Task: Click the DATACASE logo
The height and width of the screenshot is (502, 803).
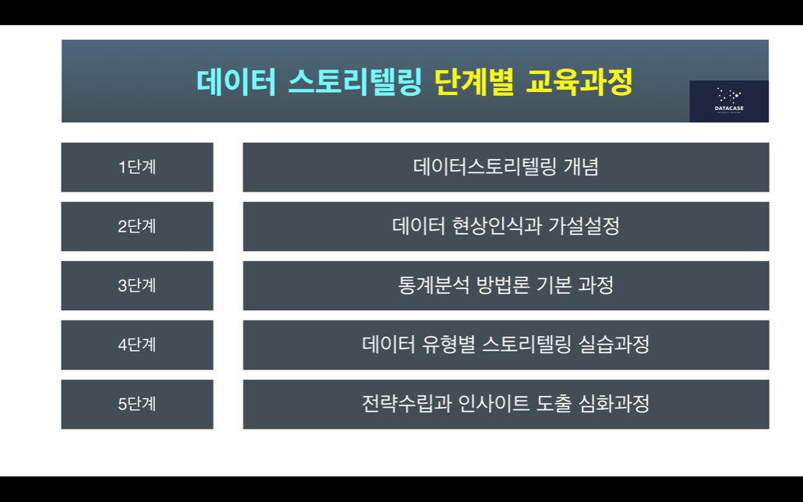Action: click(x=729, y=101)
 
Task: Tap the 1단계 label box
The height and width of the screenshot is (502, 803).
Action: click(x=137, y=167)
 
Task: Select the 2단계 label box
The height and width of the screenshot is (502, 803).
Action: click(x=137, y=226)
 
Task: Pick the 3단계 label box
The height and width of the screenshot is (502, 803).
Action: click(x=137, y=286)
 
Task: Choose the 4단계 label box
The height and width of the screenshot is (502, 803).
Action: click(x=137, y=345)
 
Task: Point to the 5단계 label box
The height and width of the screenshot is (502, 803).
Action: click(x=137, y=404)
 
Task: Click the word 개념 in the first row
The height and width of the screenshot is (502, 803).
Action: click(x=581, y=167)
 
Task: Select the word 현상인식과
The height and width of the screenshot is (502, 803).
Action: click(x=497, y=226)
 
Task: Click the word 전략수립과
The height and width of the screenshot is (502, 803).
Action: click(x=407, y=403)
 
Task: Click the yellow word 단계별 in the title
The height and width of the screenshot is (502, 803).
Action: click(x=474, y=82)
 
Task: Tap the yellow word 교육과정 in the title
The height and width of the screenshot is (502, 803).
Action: click(x=579, y=82)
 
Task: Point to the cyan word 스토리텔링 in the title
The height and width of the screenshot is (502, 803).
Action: click(x=355, y=82)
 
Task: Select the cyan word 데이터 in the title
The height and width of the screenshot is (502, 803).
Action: click(x=236, y=82)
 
